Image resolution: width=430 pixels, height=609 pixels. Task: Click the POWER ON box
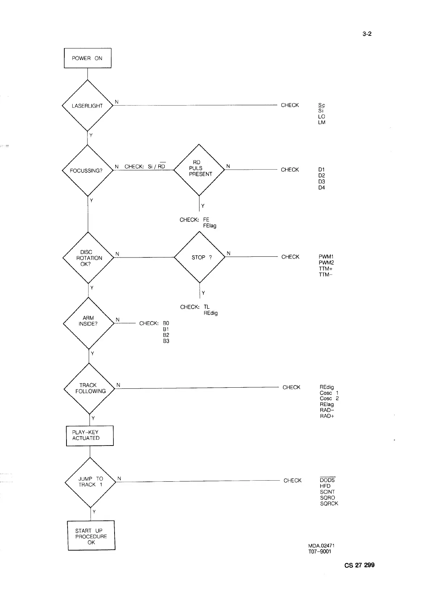tap(87, 58)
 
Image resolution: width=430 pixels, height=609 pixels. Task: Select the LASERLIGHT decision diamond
tap(87, 106)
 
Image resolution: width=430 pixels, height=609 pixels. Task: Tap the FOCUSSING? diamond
tap(88, 170)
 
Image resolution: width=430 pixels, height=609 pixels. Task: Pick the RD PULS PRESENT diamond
tap(199, 169)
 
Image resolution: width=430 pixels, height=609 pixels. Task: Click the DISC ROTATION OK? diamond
tap(89, 258)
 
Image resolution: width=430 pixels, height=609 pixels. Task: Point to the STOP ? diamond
tap(199, 257)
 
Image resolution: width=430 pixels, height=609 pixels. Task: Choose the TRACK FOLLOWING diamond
tap(89, 388)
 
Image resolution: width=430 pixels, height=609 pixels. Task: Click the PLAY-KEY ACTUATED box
tap(90, 435)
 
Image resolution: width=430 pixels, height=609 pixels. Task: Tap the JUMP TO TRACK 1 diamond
tap(90, 482)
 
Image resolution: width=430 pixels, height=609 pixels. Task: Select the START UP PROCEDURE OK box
tap(91, 536)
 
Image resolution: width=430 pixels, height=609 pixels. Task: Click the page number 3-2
tap(367, 34)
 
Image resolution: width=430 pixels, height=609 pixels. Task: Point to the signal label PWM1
tap(326, 257)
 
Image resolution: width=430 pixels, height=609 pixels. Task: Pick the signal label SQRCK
tap(329, 503)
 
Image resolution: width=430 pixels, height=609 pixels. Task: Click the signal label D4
tap(322, 188)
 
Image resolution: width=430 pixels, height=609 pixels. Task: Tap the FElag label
tap(210, 226)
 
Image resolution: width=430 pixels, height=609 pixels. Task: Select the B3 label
tap(166, 341)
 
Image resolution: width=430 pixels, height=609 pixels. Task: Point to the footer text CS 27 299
tap(359, 565)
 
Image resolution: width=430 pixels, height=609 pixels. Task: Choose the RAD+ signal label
tap(327, 416)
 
